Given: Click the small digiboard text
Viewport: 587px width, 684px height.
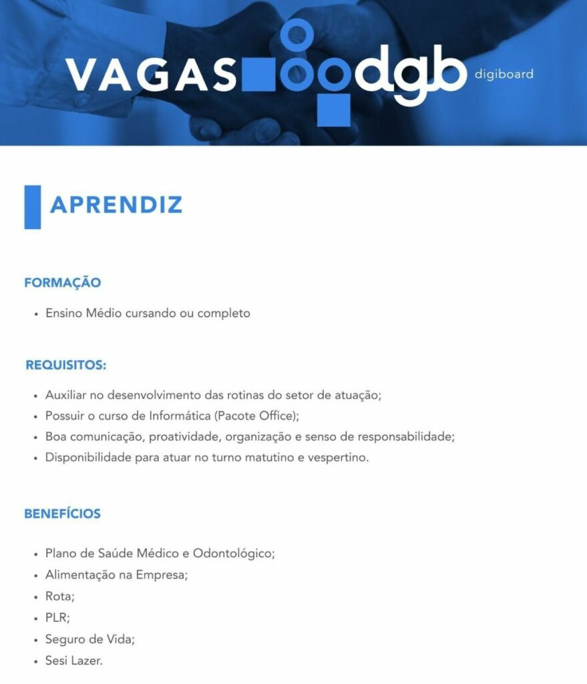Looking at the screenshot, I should pos(504,74).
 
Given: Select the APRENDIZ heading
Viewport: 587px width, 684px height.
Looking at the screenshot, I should pos(116,205).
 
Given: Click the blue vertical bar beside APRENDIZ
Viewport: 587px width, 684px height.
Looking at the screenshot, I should pos(33,207).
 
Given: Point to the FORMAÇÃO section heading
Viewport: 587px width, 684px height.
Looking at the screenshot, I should pos(62,283).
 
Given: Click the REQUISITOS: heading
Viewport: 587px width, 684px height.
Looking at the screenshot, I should pos(66,365).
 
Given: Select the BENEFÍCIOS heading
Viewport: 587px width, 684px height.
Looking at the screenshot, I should pos(62,514).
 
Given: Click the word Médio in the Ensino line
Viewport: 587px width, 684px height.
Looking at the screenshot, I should pos(104,313).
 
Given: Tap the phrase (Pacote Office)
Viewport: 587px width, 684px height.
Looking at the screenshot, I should pos(256,415).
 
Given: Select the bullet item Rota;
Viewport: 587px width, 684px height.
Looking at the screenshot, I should pos(59,596).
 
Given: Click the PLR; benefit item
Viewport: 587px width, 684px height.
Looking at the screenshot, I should pos(57,617).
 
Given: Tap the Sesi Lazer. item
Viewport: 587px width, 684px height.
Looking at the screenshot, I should pos(74,660).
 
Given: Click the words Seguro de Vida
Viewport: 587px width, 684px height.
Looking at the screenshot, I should pos(89,639).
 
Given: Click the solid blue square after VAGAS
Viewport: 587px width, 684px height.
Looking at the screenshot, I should pos(258,75).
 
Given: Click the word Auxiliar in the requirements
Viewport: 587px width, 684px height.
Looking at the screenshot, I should pos(65,395).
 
